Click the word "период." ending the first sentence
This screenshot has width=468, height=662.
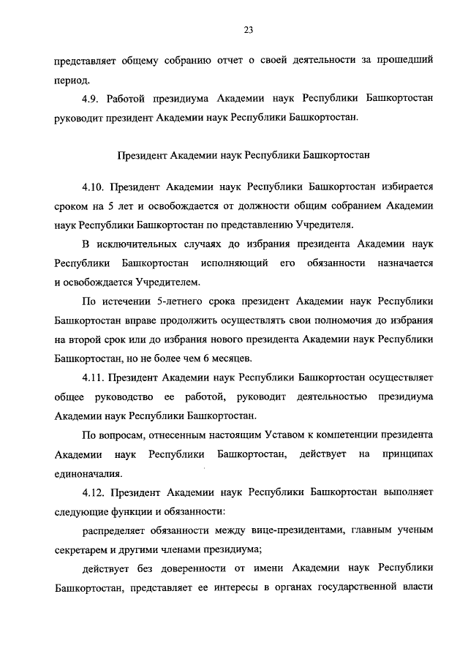coord(72,80)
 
